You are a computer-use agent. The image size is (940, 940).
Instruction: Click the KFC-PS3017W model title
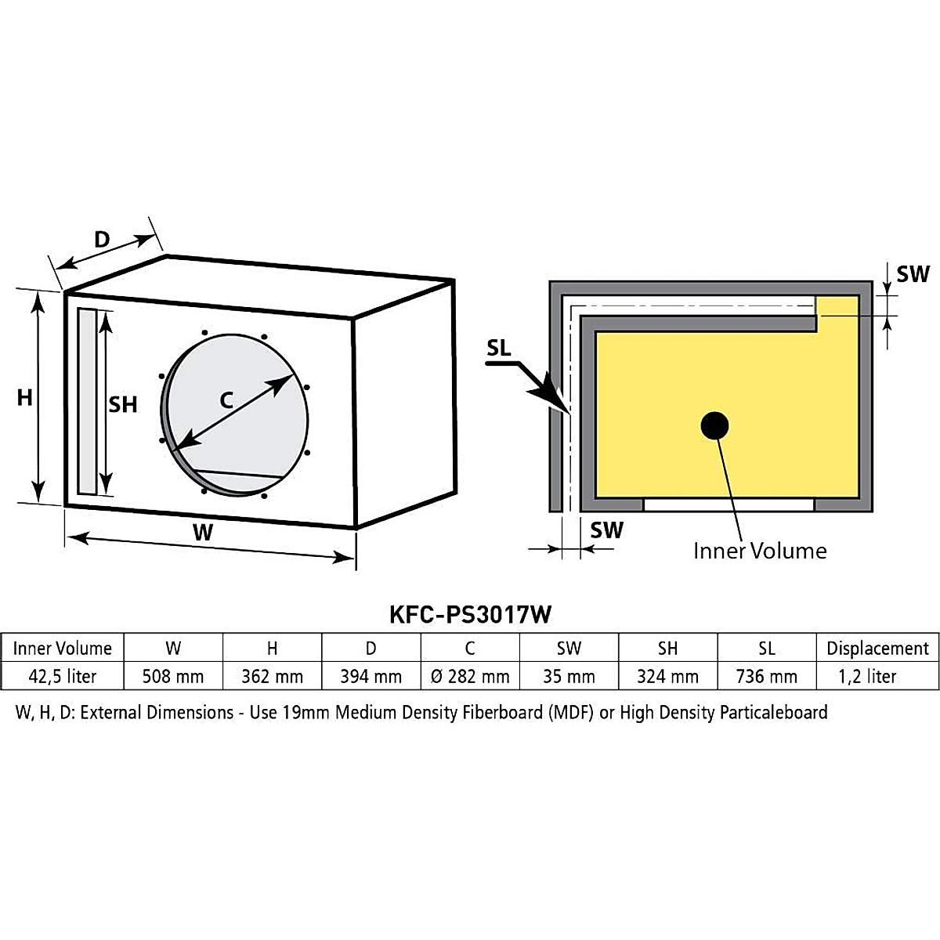click(470, 614)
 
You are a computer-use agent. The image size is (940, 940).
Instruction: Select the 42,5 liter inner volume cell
click(63, 676)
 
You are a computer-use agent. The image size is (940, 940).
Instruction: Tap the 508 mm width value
click(173, 676)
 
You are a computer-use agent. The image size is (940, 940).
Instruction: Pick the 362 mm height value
click(272, 676)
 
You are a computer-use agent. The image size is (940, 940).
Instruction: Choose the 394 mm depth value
click(371, 676)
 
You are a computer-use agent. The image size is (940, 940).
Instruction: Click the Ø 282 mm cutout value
click(470, 676)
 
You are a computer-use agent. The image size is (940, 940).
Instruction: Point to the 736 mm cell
click(766, 676)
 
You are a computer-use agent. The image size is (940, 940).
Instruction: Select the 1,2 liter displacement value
click(867, 676)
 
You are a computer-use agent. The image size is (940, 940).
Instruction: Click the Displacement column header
click(877, 649)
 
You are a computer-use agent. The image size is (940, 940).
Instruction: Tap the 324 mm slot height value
click(667, 676)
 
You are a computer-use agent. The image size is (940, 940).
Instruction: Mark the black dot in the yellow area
click(714, 426)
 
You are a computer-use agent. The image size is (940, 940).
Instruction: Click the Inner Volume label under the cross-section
click(760, 551)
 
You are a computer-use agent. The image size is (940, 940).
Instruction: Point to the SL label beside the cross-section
click(499, 349)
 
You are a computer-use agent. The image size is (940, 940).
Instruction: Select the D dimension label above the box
click(102, 239)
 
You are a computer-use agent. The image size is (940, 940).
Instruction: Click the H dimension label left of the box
click(25, 398)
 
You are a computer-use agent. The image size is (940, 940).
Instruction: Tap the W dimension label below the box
click(203, 533)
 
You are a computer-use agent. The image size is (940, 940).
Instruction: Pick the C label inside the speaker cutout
click(226, 400)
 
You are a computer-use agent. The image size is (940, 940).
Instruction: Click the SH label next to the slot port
click(123, 404)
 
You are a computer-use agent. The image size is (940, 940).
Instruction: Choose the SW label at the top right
click(913, 274)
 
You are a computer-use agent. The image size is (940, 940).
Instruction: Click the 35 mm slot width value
click(569, 676)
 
